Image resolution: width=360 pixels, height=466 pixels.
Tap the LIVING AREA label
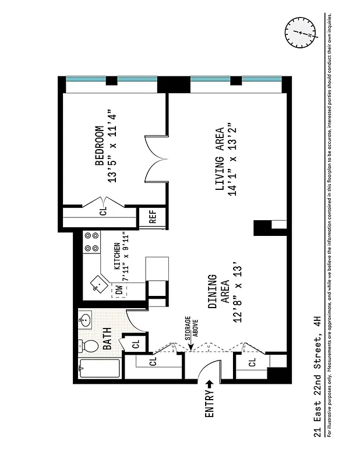(220, 159)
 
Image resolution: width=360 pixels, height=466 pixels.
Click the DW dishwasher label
(119, 289)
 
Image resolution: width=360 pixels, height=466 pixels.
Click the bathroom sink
(85, 320)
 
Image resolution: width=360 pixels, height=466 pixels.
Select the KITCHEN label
(117, 256)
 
